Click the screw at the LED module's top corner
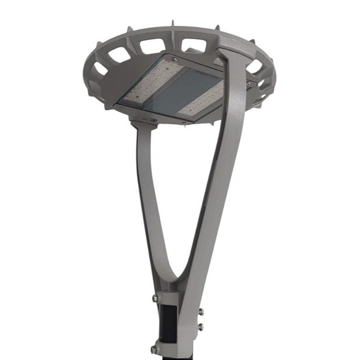click(175, 59)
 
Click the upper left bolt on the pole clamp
click(155, 297)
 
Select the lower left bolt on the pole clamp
click(155, 349)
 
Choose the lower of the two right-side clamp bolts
click(200, 326)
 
